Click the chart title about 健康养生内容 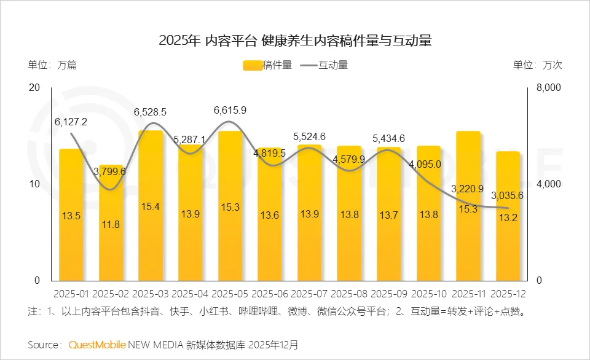tap(295, 41)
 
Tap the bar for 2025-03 tap(150, 206)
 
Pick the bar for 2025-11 tap(468, 206)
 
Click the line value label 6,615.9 tap(230, 111)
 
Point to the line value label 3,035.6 tap(507, 196)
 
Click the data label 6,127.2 tap(71, 122)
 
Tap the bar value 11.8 tap(111, 224)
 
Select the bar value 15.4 tap(150, 207)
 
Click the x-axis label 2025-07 tap(309, 294)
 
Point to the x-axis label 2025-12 tap(507, 294)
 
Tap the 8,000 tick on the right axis tap(548, 88)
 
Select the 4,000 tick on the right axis tap(548, 184)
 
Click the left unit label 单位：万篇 tap(52, 65)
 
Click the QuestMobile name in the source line tap(97, 344)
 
